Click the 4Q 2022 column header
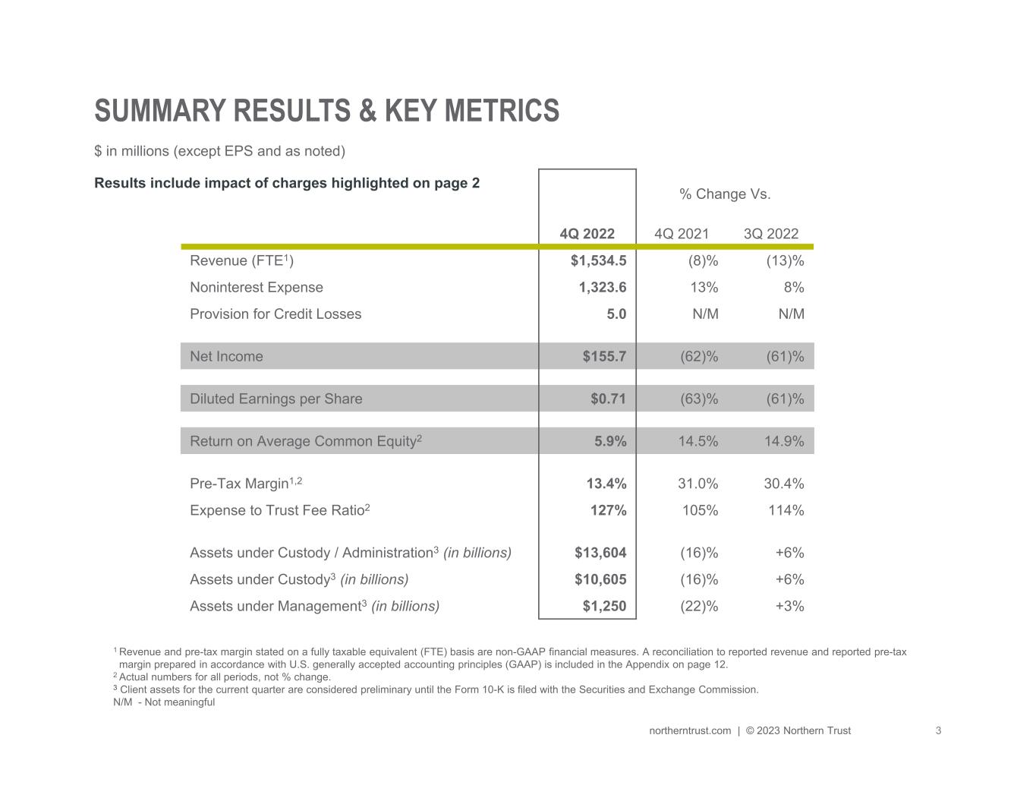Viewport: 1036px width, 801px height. (x=587, y=234)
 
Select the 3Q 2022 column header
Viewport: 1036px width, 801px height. (x=771, y=234)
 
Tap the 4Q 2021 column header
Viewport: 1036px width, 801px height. (x=682, y=234)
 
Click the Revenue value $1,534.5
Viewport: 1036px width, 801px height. (x=598, y=260)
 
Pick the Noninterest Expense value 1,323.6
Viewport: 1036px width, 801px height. (x=603, y=287)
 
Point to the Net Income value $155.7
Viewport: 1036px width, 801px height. (x=604, y=356)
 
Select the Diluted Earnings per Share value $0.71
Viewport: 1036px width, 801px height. (x=608, y=399)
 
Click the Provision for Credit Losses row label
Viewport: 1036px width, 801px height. (x=276, y=314)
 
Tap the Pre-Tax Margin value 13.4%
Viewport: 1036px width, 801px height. (x=606, y=484)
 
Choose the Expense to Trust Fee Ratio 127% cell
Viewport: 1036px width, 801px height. (x=609, y=510)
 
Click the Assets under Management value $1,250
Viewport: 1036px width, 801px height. (x=604, y=606)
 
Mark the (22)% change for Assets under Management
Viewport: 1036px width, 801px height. (x=699, y=606)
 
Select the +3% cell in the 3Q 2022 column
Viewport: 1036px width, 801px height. (x=789, y=606)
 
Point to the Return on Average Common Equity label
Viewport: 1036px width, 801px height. (x=306, y=440)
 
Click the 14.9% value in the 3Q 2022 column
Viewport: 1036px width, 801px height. (x=784, y=441)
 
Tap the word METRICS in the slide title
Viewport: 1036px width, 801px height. (x=502, y=111)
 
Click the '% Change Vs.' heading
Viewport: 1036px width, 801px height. (x=725, y=194)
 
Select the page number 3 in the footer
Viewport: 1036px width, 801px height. (x=938, y=730)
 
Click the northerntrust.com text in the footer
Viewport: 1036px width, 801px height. (x=690, y=730)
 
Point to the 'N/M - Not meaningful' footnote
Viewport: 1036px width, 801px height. (x=164, y=702)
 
